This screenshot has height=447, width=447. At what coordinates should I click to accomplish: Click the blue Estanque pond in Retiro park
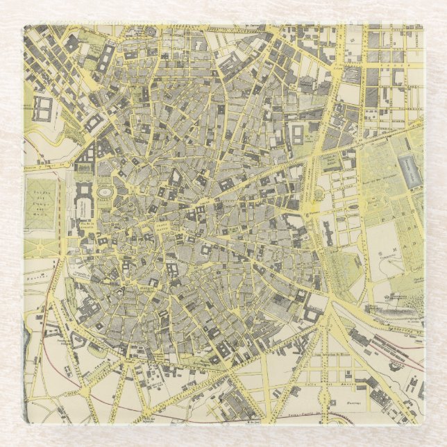tap(409, 170)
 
